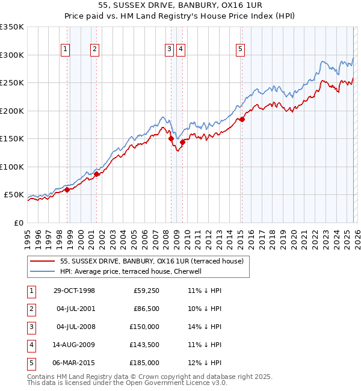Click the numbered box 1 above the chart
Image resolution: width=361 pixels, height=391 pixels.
click(x=65, y=49)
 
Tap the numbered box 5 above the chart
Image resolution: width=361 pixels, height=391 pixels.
click(x=240, y=49)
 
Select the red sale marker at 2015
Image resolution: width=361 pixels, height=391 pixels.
click(x=242, y=119)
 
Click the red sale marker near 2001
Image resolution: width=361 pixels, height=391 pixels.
click(x=96, y=174)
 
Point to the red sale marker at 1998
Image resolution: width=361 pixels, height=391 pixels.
click(x=67, y=189)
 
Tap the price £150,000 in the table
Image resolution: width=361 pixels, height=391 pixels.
click(x=144, y=327)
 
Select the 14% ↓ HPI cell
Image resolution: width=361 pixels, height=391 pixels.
click(x=205, y=327)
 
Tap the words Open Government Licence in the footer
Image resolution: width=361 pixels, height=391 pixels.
click(x=174, y=383)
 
